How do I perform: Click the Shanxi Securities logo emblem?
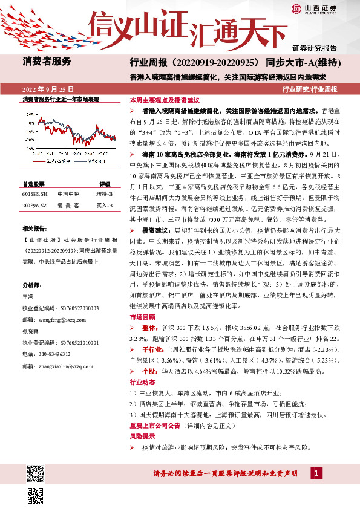click(x=296, y=8)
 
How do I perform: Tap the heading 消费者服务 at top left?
click(x=47, y=61)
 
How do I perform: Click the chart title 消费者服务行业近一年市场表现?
click(x=61, y=99)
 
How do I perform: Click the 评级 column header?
click(x=105, y=183)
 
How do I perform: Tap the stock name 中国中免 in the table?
click(x=68, y=194)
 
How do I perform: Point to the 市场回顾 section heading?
click(x=139, y=317)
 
